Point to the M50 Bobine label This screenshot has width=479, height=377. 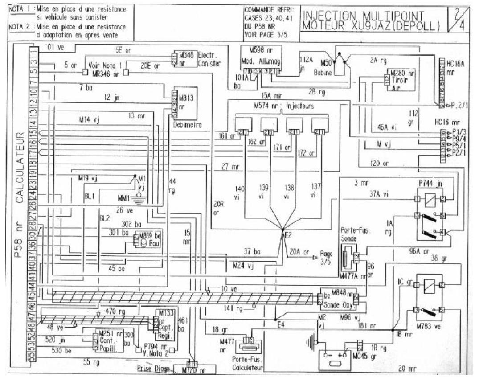tap(323, 67)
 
